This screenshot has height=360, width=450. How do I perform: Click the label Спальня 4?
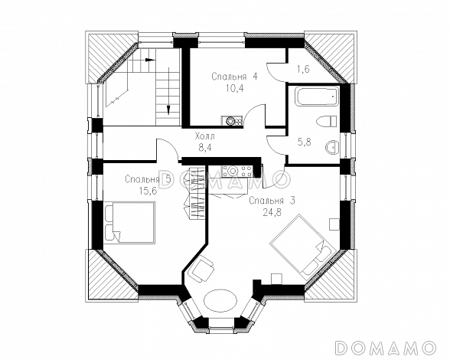(235, 77)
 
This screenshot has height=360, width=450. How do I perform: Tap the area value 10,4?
(235, 88)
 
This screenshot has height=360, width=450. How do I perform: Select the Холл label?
(204, 136)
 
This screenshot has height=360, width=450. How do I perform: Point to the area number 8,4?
(205, 147)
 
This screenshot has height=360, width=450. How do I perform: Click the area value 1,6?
(303, 70)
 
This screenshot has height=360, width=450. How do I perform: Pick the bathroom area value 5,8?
(305, 142)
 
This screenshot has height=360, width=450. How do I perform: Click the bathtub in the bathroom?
(317, 97)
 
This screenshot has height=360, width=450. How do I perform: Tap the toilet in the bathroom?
(326, 121)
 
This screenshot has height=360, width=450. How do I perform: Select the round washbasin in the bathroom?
(332, 148)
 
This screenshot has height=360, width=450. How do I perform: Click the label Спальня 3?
(272, 201)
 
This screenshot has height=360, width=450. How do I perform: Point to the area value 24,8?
(272, 212)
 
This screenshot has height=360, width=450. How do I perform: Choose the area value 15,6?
(148, 191)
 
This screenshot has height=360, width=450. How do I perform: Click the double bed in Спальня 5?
(130, 222)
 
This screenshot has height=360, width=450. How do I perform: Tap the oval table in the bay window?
(220, 300)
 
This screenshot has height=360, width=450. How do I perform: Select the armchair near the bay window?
(202, 268)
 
